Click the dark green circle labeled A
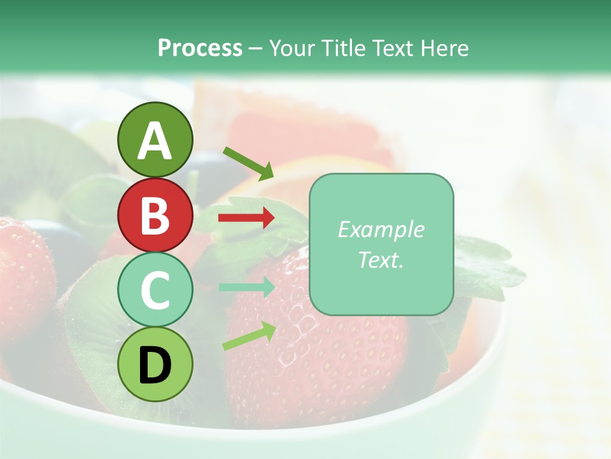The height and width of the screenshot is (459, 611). click(155, 140)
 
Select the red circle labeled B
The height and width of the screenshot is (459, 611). click(155, 215)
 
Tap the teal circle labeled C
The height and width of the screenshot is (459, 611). click(155, 290)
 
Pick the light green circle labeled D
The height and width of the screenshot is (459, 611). click(155, 365)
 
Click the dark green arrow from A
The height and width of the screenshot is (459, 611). click(248, 162)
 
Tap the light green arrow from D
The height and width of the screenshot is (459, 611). click(249, 336)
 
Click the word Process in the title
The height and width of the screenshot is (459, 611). click(200, 48)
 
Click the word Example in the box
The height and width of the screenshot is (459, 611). click(381, 229)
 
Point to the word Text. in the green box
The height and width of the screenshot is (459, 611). click(381, 260)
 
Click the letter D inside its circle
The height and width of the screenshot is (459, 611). click(155, 365)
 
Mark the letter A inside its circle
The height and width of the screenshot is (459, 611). click(155, 140)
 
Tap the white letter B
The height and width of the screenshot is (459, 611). click(155, 215)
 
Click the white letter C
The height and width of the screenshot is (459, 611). click(155, 291)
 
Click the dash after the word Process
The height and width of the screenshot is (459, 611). click(255, 48)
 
